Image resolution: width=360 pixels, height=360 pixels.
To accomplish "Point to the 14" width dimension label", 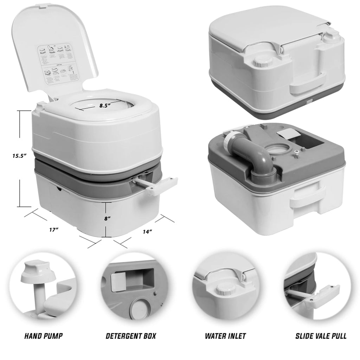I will [148, 232].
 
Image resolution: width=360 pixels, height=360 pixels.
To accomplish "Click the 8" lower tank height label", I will [108, 218].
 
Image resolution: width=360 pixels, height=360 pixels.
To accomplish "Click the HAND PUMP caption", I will [43, 336].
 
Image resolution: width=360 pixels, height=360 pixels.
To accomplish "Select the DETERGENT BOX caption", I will [131, 336].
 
